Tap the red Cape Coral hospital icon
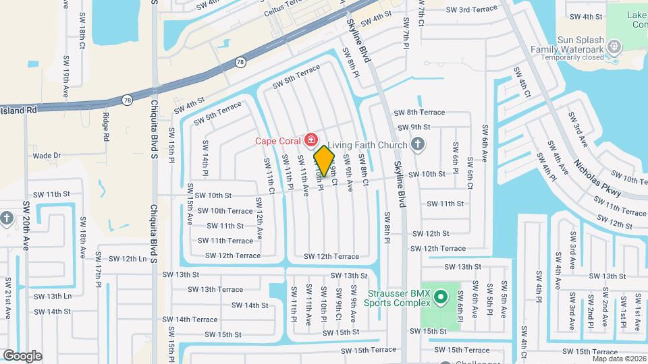point(311,140)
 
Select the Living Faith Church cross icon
point(418,144)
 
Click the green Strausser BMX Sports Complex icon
point(440,296)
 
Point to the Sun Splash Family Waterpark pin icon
point(614,46)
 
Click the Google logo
point(22,356)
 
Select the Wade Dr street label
point(47,156)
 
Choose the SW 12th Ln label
point(119,259)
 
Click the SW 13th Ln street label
point(53,296)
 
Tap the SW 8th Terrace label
point(419,113)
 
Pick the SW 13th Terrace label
point(215,289)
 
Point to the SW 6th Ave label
point(484,144)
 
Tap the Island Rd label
point(18,109)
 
